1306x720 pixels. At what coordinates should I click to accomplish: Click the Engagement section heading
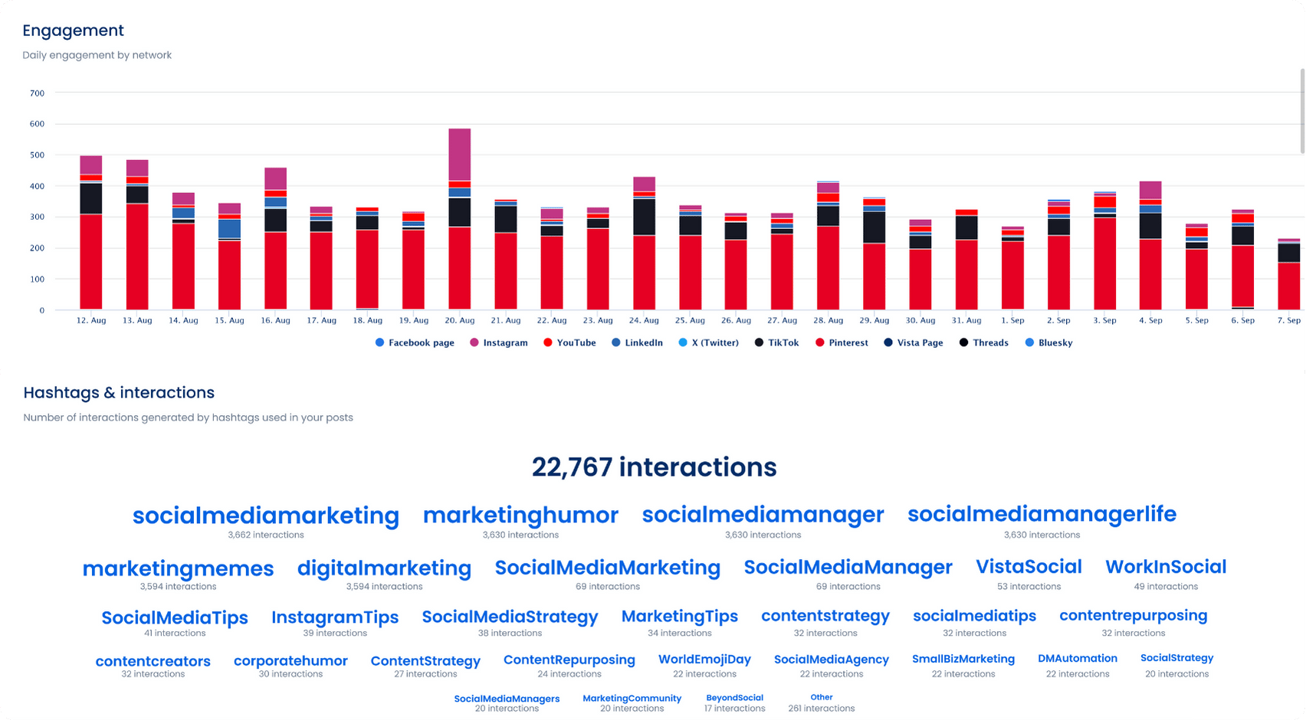73,31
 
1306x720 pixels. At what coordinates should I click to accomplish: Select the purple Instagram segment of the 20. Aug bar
460,155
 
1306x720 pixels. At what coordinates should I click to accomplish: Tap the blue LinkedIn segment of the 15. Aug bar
229,228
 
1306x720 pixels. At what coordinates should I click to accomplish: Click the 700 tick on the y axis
37,93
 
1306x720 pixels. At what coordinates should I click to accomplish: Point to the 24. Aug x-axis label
644,320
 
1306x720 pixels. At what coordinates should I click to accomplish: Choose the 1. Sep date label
1012,320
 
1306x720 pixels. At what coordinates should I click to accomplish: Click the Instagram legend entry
499,343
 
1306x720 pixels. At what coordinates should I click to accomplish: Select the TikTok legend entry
777,343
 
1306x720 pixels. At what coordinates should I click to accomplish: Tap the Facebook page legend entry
415,343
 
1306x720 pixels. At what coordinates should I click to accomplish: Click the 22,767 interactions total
654,467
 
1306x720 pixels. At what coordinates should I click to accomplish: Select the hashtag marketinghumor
520,515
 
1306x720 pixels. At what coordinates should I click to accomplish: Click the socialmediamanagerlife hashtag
1042,514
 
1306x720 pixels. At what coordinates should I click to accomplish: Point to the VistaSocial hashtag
1029,567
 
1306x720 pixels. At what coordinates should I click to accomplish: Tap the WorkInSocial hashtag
1166,567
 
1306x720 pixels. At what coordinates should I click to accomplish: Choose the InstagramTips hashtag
335,617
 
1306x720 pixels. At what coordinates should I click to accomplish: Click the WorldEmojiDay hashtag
704,659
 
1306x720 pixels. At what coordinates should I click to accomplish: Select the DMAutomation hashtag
1077,659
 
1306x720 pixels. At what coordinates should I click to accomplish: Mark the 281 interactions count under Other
821,709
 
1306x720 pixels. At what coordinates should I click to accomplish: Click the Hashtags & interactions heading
119,393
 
